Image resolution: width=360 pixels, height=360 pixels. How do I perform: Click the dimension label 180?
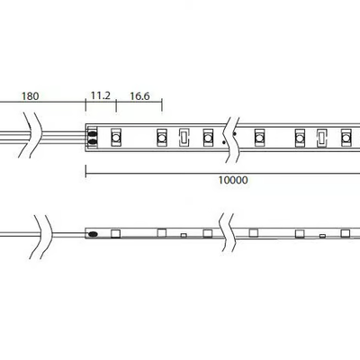31,96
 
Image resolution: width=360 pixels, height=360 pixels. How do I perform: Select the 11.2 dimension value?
101,95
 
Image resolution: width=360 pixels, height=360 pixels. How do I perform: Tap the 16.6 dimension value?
139,96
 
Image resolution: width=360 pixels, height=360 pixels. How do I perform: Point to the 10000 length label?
233,180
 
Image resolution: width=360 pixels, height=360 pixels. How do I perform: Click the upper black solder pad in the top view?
93,133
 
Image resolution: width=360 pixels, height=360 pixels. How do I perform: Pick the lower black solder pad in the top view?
93,141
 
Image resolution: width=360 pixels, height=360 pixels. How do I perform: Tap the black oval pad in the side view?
94,233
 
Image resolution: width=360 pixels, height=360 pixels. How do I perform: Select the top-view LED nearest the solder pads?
116,138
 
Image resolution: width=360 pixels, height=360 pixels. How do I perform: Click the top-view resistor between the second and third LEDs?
184,138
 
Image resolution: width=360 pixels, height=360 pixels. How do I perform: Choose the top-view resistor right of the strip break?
322,138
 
